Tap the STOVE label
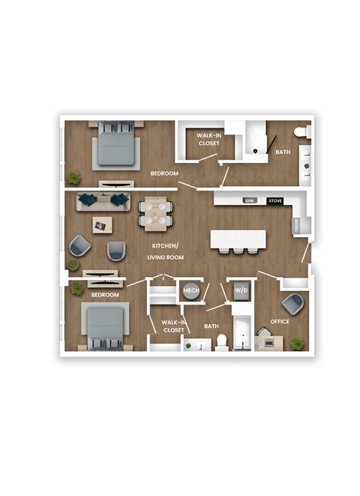pyautogui.click(x=275, y=201)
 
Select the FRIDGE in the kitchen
pyautogui.click(x=298, y=224)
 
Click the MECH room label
pyautogui.click(x=190, y=290)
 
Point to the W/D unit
pyautogui.click(x=241, y=290)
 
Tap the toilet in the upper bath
pyautogui.click(x=302, y=132)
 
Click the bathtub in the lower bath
pyautogui.click(x=244, y=335)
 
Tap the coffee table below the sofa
pyautogui.click(x=102, y=224)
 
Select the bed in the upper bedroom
pyautogui.click(x=116, y=145)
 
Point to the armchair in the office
pyautogui.click(x=293, y=304)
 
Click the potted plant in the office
pyautogui.click(x=298, y=344)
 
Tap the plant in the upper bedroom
pyautogui.click(x=74, y=178)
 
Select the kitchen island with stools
pyautogui.click(x=238, y=239)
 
